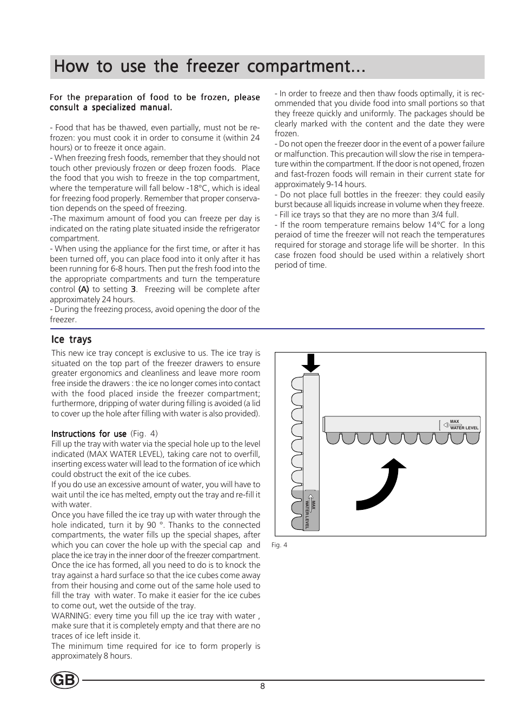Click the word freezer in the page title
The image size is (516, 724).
point(213,67)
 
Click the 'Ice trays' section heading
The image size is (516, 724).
point(71,340)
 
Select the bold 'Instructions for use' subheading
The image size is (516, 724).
point(89,434)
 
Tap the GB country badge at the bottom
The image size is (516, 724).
point(65,680)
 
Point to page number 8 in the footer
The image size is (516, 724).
point(263,686)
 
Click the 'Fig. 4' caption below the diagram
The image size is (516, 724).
point(279,545)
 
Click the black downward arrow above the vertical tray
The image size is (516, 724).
point(311,362)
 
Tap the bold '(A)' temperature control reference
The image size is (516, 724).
point(83,289)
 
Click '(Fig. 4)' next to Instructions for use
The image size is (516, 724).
point(144,434)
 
